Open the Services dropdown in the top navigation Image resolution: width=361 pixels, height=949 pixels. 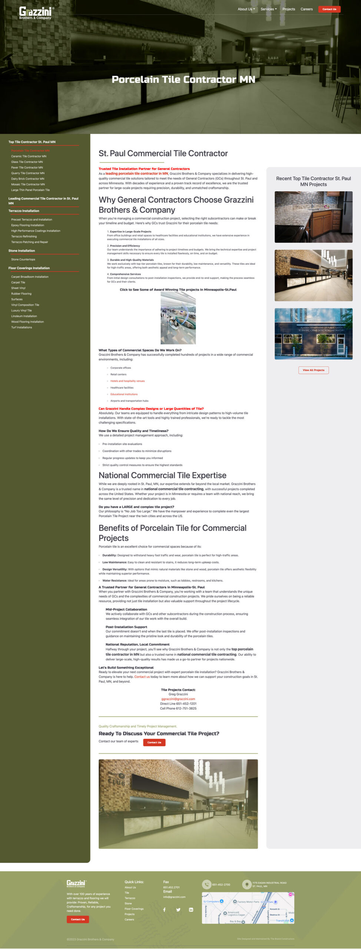point(268,9)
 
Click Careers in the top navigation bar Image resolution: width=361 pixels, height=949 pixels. point(307,9)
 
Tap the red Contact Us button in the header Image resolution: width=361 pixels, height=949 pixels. point(329,9)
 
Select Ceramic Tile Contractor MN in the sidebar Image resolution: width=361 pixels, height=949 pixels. point(29,156)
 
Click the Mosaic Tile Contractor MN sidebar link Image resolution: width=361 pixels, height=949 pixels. point(28,184)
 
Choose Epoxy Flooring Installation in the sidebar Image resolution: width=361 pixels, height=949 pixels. point(27,225)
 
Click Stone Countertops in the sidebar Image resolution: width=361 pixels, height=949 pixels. point(23,259)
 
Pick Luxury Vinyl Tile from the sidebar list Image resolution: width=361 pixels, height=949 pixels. point(21,311)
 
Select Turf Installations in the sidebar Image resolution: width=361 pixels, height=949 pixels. point(21,327)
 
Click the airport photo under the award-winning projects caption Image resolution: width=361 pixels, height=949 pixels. point(178,318)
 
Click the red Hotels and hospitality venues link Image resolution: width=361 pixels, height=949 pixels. point(127,381)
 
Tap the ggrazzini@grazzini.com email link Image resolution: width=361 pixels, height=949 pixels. point(178,699)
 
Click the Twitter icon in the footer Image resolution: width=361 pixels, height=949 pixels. point(178,910)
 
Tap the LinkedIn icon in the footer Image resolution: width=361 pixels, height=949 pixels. point(191,910)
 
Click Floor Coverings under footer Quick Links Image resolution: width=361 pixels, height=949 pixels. point(134,909)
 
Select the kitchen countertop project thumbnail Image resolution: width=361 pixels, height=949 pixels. point(313,217)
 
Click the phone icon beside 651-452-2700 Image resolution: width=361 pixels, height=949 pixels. point(206,884)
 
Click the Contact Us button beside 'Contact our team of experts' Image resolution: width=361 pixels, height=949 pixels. point(154,743)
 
